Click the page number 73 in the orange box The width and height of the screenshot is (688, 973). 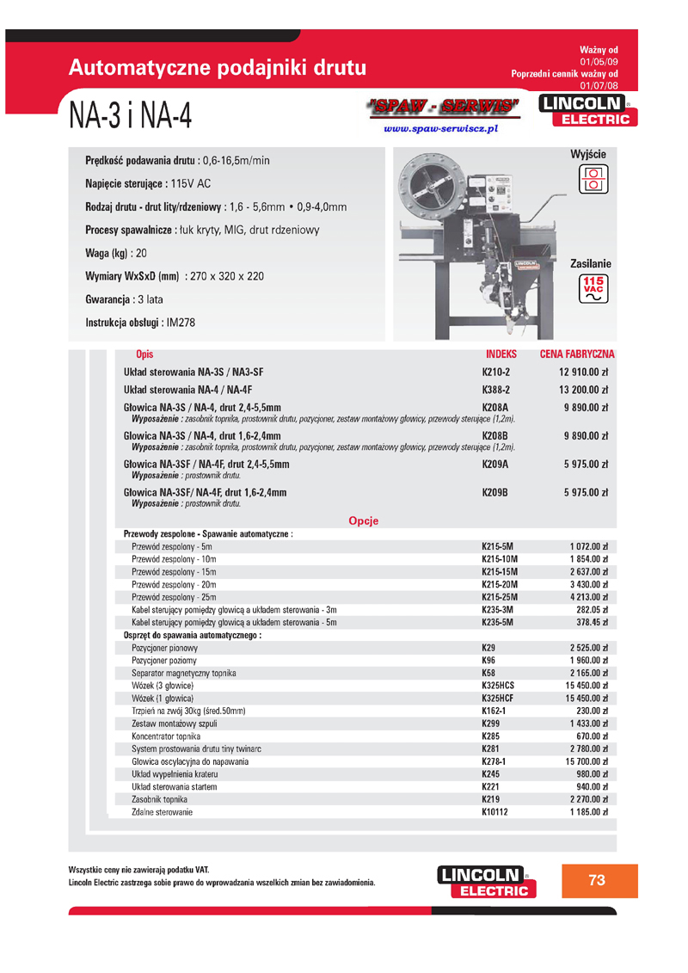(597, 880)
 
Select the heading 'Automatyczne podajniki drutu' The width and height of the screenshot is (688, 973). (218, 68)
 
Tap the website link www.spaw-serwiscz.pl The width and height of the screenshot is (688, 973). (441, 129)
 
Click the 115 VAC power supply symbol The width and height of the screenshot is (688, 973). (593, 288)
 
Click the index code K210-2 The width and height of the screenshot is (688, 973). (496, 372)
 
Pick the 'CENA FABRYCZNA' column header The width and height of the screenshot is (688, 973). (577, 354)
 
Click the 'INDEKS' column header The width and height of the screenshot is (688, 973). (501, 354)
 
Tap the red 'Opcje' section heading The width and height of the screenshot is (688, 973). (363, 520)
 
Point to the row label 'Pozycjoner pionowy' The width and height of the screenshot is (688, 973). (164, 648)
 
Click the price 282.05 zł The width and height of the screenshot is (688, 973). (589, 610)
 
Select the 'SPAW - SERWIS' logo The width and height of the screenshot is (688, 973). (444, 107)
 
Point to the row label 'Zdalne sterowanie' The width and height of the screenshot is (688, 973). (162, 812)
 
